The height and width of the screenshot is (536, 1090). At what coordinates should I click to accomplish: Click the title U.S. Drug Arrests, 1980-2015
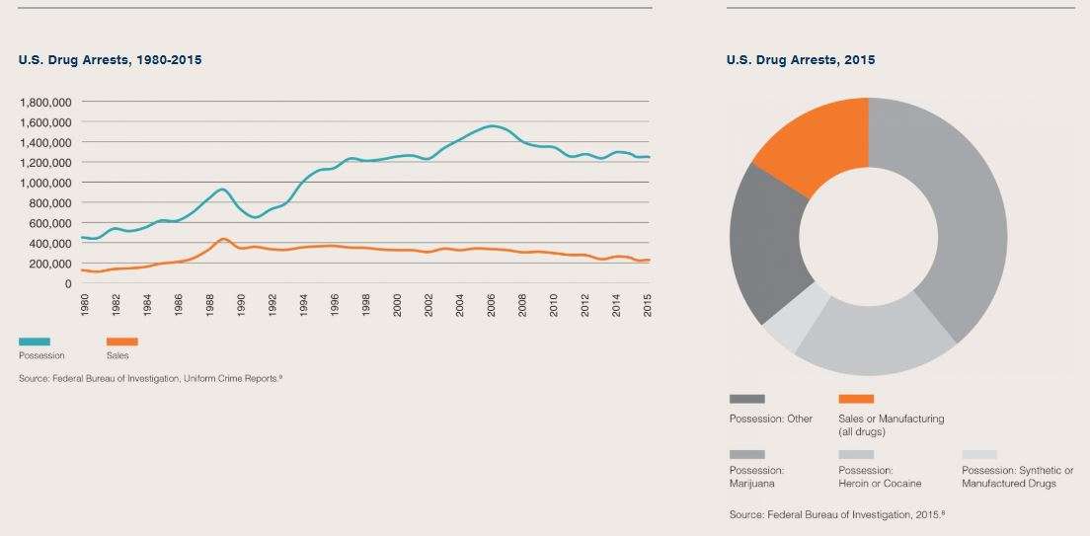(x=111, y=60)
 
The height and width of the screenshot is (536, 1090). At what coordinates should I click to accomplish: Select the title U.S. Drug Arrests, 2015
(x=800, y=60)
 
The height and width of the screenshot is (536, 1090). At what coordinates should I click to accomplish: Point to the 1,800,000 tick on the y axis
(x=45, y=102)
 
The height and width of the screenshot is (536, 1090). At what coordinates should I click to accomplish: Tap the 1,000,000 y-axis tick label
(x=45, y=183)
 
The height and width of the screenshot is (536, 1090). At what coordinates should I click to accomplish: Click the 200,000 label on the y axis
(x=51, y=264)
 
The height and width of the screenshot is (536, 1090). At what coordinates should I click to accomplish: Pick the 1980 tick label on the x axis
(x=86, y=303)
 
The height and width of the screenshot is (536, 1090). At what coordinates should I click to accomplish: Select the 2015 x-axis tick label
(x=649, y=303)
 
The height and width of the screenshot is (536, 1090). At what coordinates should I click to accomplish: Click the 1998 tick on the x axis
(x=365, y=303)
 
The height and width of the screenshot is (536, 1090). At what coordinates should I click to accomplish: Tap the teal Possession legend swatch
(x=34, y=342)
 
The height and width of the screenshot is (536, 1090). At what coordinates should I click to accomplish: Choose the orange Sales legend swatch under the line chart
(x=121, y=342)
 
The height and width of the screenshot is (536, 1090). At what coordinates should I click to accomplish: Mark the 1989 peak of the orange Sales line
(x=223, y=239)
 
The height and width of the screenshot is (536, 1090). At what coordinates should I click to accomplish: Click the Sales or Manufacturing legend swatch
(x=856, y=399)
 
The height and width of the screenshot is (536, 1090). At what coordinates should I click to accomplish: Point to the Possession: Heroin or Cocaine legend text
(x=880, y=477)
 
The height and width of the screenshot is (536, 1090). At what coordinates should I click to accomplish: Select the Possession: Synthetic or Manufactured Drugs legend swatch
(x=979, y=454)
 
